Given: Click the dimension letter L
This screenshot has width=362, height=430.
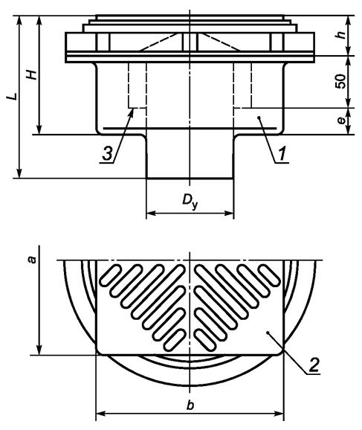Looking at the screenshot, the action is (13, 97).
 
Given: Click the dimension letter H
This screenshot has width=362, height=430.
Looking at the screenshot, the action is (32, 74).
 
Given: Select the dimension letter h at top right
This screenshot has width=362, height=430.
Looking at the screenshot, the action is (341, 35).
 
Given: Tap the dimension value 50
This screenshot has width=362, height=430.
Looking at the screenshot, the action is (340, 81).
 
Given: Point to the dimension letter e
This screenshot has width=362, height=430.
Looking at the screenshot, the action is (341, 121).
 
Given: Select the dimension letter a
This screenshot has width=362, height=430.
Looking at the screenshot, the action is (33, 260).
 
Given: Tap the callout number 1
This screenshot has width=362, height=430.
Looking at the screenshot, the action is (282, 153).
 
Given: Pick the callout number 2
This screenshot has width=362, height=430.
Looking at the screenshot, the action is (314, 365).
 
